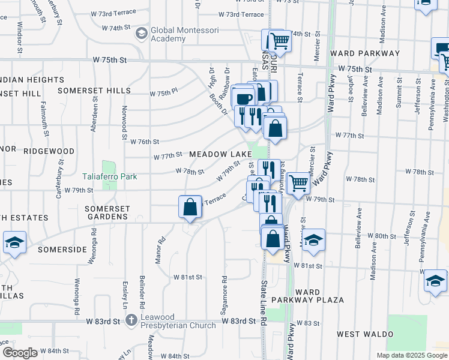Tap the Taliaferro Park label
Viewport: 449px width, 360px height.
click(x=110, y=177)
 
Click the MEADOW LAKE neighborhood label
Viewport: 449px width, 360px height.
click(x=217, y=154)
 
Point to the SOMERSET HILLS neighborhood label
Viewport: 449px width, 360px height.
click(x=94, y=91)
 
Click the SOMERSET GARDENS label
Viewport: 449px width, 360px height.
click(x=107, y=212)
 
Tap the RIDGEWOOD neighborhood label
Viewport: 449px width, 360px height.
click(x=49, y=151)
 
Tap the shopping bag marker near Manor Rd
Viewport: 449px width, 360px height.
click(x=190, y=208)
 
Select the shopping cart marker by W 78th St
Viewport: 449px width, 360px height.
click(x=298, y=183)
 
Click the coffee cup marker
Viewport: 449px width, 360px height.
click(x=243, y=98)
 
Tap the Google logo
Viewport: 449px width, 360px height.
click(x=20, y=353)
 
